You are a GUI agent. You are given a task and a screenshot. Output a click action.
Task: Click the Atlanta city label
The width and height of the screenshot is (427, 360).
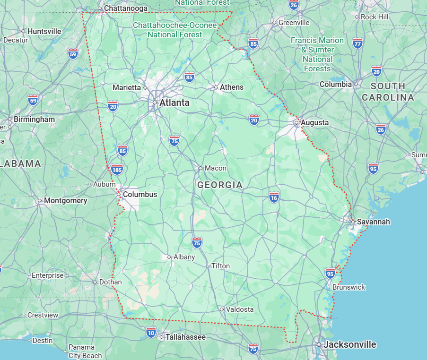(x=174, y=103)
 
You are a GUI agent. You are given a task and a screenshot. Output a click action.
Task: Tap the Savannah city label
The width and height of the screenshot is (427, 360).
(x=373, y=222)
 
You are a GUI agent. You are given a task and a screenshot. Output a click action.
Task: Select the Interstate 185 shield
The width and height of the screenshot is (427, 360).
(x=117, y=169)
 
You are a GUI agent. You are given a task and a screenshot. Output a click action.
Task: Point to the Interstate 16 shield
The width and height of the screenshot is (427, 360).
(x=274, y=197)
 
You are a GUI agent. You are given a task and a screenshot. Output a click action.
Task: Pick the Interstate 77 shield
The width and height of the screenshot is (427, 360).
(x=357, y=43)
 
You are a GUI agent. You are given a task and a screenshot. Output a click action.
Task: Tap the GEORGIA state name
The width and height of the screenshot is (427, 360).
(x=220, y=185)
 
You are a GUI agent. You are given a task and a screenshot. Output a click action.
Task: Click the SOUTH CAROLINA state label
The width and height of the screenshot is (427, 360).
(x=388, y=92)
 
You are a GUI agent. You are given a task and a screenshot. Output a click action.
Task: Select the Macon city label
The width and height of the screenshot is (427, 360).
(x=215, y=168)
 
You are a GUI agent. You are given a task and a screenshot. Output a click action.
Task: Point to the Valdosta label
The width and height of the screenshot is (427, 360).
(x=240, y=309)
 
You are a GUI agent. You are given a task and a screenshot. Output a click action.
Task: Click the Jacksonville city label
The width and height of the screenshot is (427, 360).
(x=350, y=344)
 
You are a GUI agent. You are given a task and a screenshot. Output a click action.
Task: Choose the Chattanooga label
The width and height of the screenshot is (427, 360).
(x=125, y=9)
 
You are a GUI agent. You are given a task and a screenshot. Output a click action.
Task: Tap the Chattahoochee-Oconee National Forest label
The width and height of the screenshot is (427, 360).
(x=175, y=30)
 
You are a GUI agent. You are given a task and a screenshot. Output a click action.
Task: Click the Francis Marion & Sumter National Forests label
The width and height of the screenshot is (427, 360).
(x=317, y=54)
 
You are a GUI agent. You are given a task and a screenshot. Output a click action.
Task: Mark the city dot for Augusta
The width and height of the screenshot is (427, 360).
(x=296, y=123)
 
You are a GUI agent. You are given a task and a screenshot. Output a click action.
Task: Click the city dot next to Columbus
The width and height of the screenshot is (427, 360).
(x=119, y=194)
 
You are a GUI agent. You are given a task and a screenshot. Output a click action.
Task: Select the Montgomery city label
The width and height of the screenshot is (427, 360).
(x=66, y=201)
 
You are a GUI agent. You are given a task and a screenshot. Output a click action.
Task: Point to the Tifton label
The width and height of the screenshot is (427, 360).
(x=220, y=266)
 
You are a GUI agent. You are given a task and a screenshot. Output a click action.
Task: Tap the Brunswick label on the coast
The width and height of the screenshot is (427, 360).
(x=349, y=287)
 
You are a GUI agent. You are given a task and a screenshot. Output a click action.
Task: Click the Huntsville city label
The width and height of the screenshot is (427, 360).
(x=44, y=31)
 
